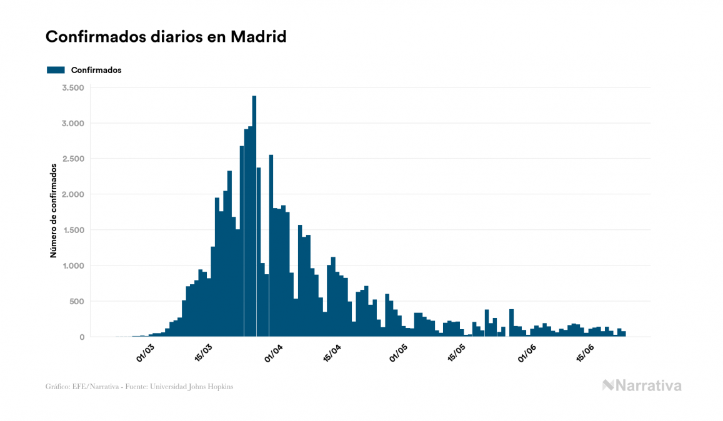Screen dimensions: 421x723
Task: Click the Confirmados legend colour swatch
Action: [56, 70]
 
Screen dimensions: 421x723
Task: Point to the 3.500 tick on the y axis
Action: [73, 87]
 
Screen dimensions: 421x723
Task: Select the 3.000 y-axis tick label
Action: [73, 123]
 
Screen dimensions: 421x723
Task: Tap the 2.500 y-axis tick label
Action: [73, 159]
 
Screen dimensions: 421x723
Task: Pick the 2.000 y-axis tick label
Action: [73, 194]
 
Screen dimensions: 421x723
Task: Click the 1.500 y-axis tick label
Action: [73, 230]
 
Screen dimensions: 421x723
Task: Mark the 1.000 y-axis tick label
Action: [73, 266]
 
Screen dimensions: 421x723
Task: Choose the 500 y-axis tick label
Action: [76, 302]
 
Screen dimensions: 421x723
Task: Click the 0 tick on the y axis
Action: [81, 337]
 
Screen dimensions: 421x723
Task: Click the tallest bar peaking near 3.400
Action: [254, 219]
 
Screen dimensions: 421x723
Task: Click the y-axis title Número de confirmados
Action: [54, 211]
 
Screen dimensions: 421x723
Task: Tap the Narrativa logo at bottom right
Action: [642, 385]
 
